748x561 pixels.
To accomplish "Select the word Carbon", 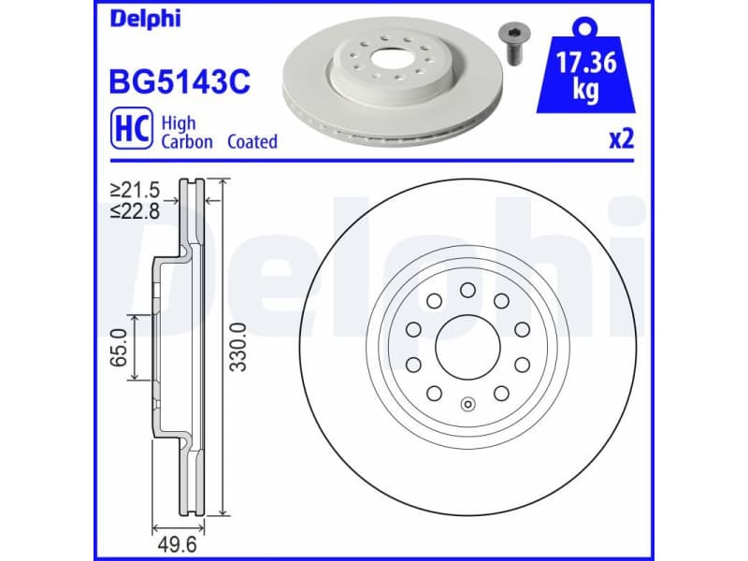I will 187,142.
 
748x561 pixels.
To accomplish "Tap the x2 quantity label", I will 621,140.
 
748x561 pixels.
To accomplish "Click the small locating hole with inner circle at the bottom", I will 467,406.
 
